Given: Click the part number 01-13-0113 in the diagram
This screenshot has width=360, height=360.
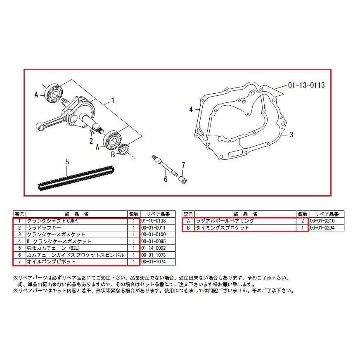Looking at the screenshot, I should click(x=306, y=85).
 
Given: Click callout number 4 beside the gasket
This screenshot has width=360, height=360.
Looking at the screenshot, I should click(x=191, y=110).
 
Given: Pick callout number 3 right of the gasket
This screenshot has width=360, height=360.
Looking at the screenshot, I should click(x=291, y=135).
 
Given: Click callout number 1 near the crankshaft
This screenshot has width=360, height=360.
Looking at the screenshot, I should click(x=113, y=100).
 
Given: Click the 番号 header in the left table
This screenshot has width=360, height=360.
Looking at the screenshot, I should click(x=19, y=214).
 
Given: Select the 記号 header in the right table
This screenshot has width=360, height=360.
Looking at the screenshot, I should click(x=188, y=214).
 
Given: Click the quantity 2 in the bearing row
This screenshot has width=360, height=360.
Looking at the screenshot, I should click(x=303, y=221).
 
